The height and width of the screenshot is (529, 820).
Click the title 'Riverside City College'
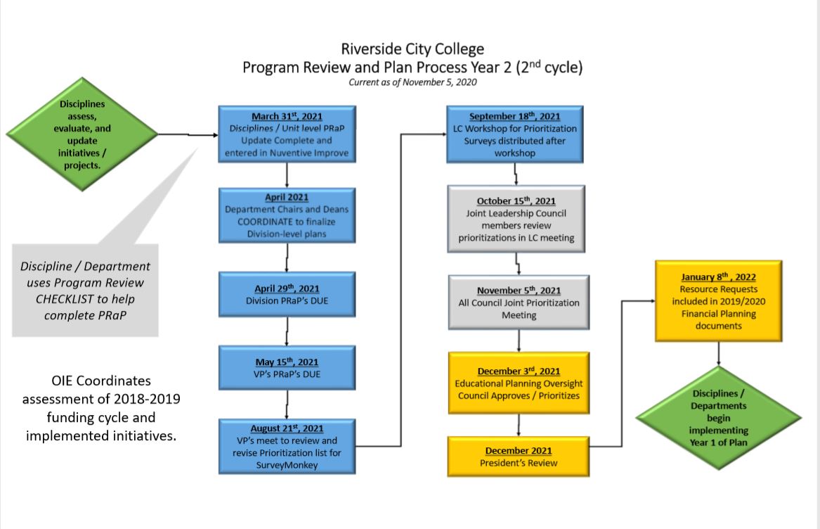coord(412,49)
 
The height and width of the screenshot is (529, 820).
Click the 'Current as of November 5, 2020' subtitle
coord(412,82)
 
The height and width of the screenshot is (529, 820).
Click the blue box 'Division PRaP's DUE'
coord(287,295)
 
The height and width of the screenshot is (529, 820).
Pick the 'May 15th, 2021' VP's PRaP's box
coord(287,368)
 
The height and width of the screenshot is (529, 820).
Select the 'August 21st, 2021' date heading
coord(287,428)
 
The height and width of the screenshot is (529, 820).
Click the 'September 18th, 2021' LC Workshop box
coord(516,134)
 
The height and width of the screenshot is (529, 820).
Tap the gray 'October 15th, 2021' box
coord(516,219)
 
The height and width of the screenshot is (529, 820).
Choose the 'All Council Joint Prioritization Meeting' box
coord(519,302)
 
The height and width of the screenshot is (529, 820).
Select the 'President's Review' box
coord(519,457)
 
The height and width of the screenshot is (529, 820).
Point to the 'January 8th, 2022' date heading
coord(718,276)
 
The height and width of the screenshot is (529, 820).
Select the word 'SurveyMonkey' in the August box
coord(287,464)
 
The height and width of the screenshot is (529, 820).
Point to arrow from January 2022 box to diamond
coord(718,355)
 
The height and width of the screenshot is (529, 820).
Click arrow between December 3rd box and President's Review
coord(519,426)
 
